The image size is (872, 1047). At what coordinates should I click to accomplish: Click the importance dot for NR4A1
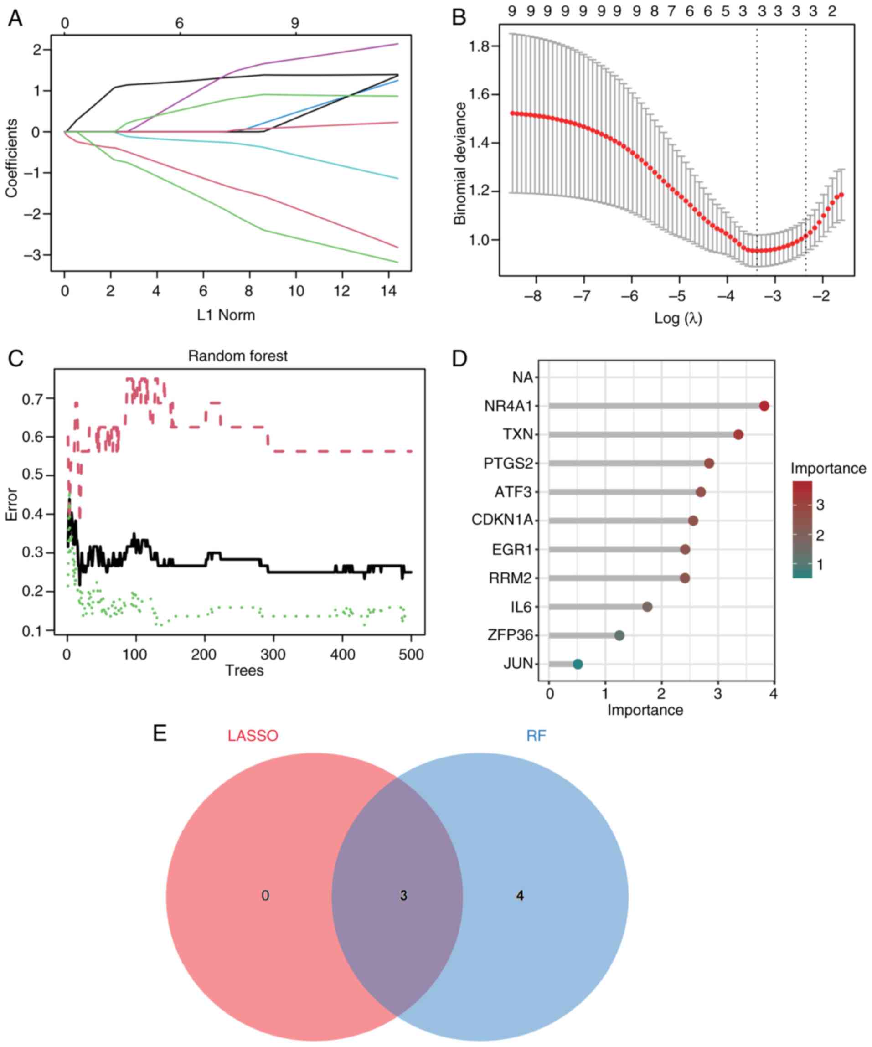[x=764, y=406]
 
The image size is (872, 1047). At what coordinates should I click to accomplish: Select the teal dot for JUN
[x=578, y=664]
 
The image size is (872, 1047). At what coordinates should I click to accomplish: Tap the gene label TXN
[x=518, y=435]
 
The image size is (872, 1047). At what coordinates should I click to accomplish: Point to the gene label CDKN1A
[x=502, y=521]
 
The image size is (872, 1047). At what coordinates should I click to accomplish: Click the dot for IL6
[x=647, y=607]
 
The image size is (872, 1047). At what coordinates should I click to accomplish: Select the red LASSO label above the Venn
[x=253, y=736]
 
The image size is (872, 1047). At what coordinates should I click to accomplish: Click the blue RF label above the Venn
[x=536, y=736]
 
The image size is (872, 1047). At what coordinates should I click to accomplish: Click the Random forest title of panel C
[x=238, y=356]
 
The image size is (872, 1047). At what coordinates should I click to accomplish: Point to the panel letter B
[x=459, y=17]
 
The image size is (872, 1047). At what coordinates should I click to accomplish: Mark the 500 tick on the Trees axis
[x=411, y=654]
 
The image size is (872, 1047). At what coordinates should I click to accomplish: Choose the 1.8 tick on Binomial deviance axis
[x=480, y=46]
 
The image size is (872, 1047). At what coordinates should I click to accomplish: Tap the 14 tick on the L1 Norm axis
[x=389, y=291]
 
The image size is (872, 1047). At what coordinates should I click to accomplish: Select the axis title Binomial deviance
[x=459, y=164]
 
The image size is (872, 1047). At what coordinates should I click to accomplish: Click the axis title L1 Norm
[x=226, y=315]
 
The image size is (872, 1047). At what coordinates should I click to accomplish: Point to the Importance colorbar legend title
[x=828, y=469]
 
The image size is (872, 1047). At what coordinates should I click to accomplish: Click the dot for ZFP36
[x=619, y=635]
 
